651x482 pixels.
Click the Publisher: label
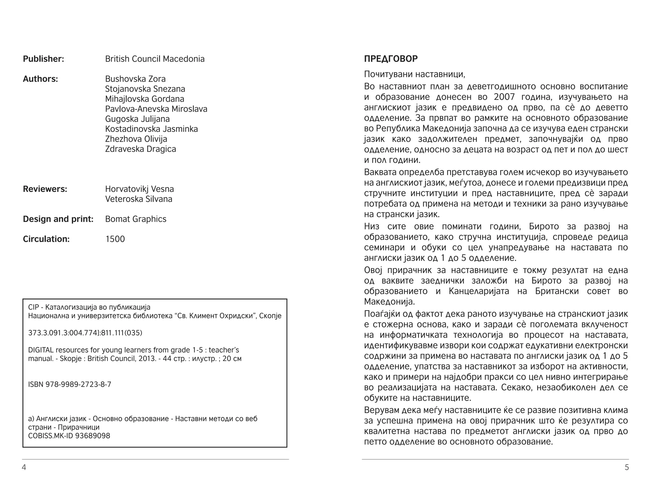[43, 59]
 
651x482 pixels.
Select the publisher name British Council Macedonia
[155, 59]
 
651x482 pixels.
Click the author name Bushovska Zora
[135, 79]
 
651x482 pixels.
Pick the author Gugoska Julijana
[137, 119]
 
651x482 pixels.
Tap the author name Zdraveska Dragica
[140, 149]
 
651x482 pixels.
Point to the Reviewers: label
[45, 189]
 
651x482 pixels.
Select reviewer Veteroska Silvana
[139, 199]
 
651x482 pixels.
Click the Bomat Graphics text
[136, 219]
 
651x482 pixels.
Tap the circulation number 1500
[115, 239]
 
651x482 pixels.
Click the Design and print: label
[58, 219]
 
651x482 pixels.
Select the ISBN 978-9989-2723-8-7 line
[70, 384]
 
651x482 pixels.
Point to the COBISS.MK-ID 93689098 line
[69, 436]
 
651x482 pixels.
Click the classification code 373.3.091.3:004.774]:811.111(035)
[85, 333]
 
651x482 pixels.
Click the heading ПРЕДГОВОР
[391, 59]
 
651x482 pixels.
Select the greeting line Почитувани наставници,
[415, 74]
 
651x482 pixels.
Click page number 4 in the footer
[24, 467]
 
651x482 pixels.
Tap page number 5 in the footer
[627, 467]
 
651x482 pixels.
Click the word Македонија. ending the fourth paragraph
[389, 302]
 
